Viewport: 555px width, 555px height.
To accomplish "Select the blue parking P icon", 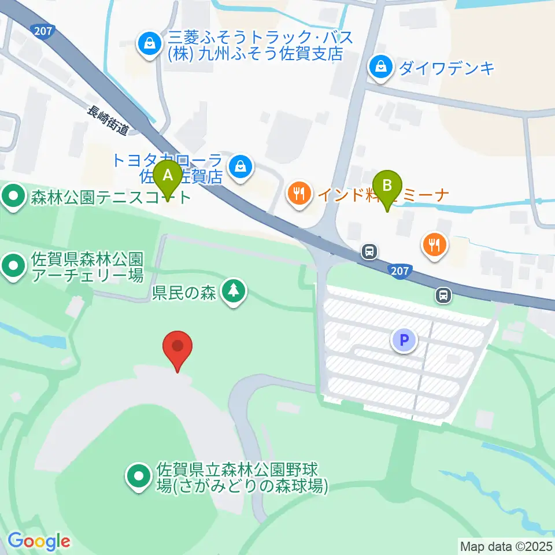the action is [x=404, y=340].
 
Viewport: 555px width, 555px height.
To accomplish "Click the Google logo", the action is [x=39, y=542].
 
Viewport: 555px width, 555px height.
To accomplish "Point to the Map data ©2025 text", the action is [x=506, y=545].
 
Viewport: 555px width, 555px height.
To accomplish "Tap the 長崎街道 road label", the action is [x=108, y=120].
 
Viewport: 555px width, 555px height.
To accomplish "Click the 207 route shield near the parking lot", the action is [x=401, y=271].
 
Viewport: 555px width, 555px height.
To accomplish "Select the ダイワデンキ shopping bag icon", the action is [x=382, y=66].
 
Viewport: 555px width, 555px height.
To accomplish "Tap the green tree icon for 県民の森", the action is [x=234, y=291].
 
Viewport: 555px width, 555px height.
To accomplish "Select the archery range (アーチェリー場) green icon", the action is [x=13, y=267].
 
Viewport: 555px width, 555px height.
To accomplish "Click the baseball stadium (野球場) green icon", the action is [x=139, y=477].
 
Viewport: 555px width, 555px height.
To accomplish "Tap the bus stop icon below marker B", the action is [x=369, y=251].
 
